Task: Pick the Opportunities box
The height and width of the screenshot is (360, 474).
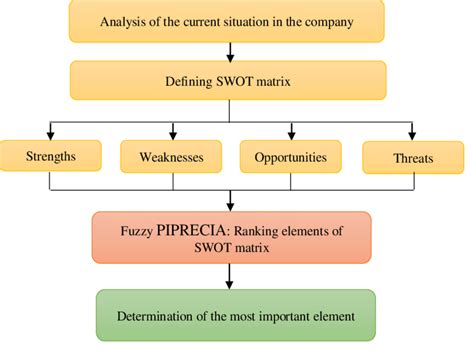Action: (x=290, y=157)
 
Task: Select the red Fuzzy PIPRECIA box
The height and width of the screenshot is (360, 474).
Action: (x=231, y=236)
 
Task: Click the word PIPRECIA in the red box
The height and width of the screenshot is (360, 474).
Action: (x=190, y=229)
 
